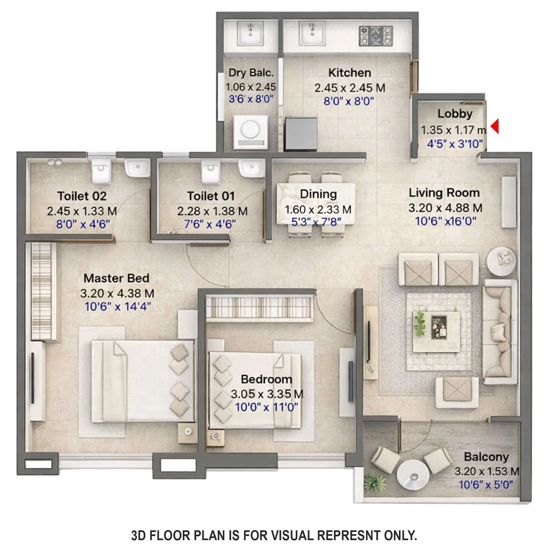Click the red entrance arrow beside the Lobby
point(495,126)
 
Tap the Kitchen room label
point(350,73)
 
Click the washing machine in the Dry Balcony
point(250,132)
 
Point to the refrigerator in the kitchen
point(301,133)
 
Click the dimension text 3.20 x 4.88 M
point(445,208)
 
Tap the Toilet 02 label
point(82,196)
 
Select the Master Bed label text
point(116,278)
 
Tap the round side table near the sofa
point(501,261)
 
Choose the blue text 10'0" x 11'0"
point(266,408)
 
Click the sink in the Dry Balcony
point(250,33)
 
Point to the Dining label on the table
point(318,194)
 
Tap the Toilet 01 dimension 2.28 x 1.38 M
point(212,211)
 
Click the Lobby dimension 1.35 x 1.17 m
point(453,130)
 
